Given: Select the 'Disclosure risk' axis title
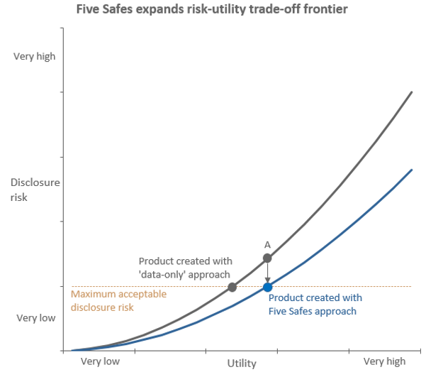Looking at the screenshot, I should coord(35,190).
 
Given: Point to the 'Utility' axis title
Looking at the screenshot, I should coord(242,364).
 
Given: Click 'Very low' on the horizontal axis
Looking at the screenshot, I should coord(100,361).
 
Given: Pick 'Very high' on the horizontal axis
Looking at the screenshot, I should coord(384,361).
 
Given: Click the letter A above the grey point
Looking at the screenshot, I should coord(267,244).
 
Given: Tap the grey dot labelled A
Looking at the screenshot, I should coord(267,258).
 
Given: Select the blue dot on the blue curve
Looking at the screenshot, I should coord(267,287).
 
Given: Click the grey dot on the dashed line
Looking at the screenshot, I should coord(232,287).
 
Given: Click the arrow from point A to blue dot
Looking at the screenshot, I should coord(267,273).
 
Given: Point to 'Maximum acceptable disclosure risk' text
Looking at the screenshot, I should coord(118,300).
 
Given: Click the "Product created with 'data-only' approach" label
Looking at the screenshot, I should coord(185,268).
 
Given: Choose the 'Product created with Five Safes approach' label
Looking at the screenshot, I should coord(315,305).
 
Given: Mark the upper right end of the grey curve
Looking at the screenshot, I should coord(412,92).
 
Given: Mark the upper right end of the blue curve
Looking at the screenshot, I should coord(412,170).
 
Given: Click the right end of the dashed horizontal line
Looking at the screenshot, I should coord(411,287).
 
